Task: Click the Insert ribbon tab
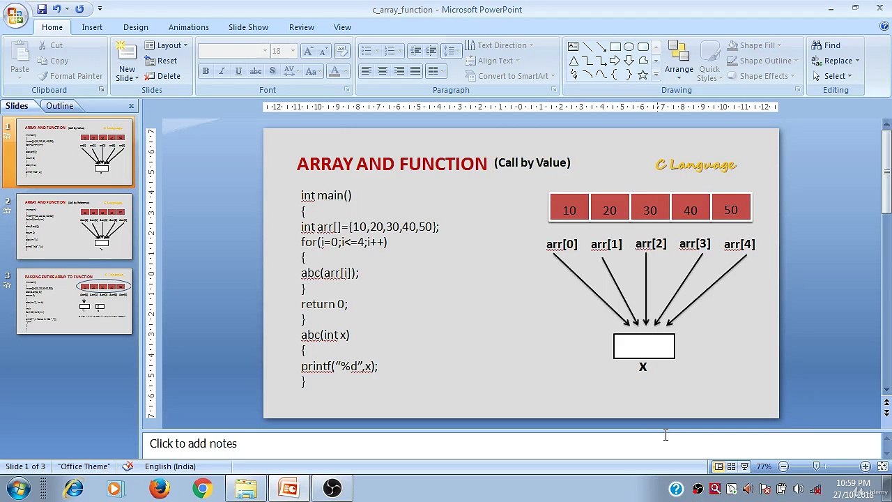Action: click(x=92, y=27)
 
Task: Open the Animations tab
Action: click(x=188, y=27)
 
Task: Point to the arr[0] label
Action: click(x=562, y=245)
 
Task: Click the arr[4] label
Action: click(x=739, y=245)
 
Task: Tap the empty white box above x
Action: click(x=644, y=347)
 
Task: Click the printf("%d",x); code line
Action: click(x=339, y=366)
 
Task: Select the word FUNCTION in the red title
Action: click(x=443, y=165)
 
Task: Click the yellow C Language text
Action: click(x=695, y=165)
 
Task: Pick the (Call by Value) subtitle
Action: click(x=532, y=162)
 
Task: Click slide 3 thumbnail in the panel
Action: click(x=74, y=302)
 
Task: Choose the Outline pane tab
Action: click(x=60, y=106)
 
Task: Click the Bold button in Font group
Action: click(x=206, y=71)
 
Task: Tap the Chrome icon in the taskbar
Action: click(x=203, y=488)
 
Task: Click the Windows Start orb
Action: click(x=19, y=488)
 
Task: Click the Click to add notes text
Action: click(x=193, y=443)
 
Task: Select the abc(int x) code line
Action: click(x=325, y=335)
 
